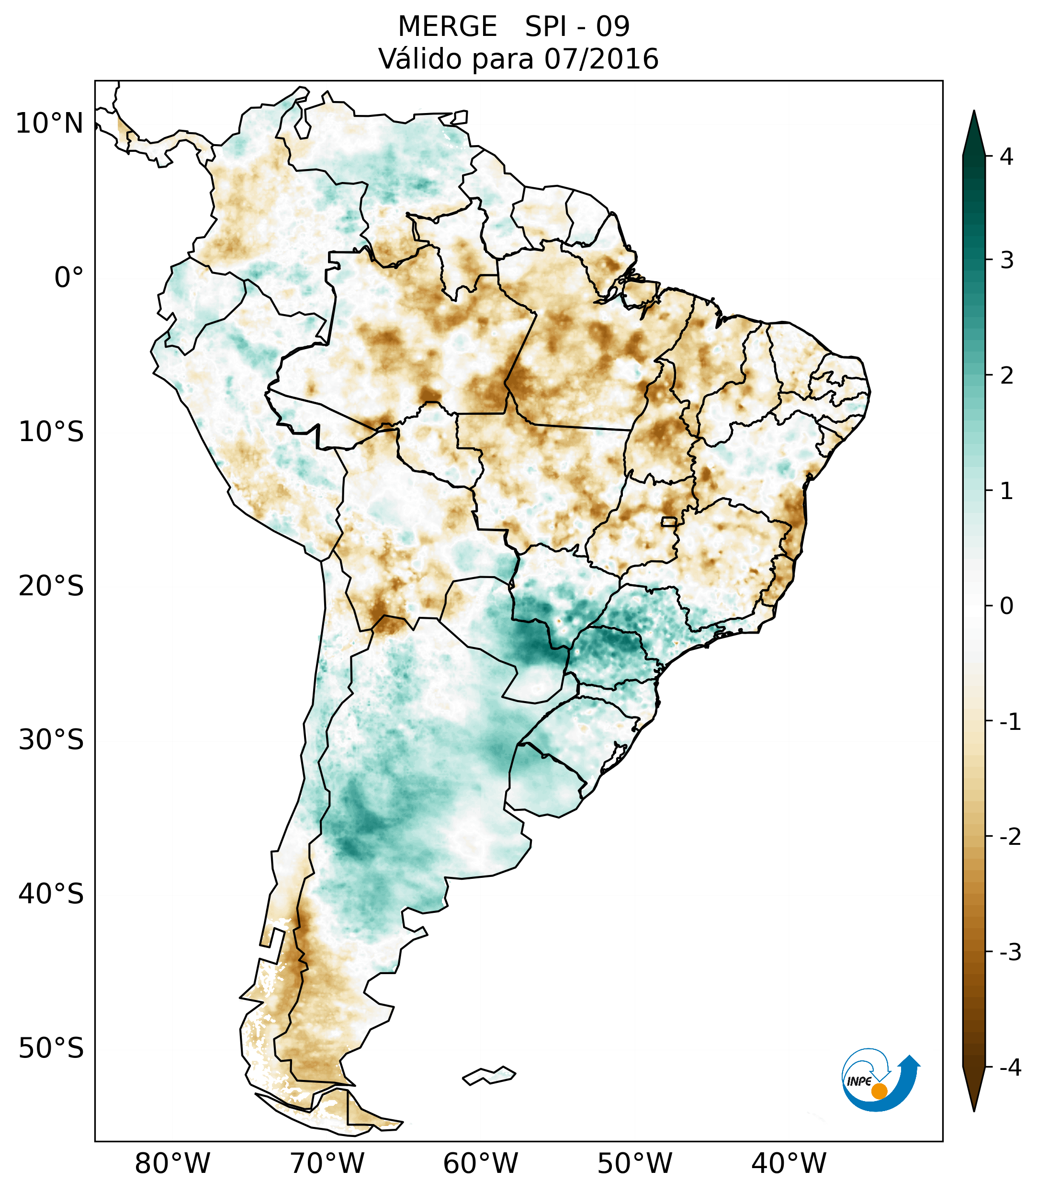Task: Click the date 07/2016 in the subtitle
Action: (601, 59)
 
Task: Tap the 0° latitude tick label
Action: (69, 278)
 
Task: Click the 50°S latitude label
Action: (51, 1049)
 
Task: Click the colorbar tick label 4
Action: (1006, 157)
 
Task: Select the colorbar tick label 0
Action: (1006, 606)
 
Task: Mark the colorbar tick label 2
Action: (1006, 376)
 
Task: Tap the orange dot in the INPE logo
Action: (879, 1091)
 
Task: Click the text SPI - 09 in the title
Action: (577, 27)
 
